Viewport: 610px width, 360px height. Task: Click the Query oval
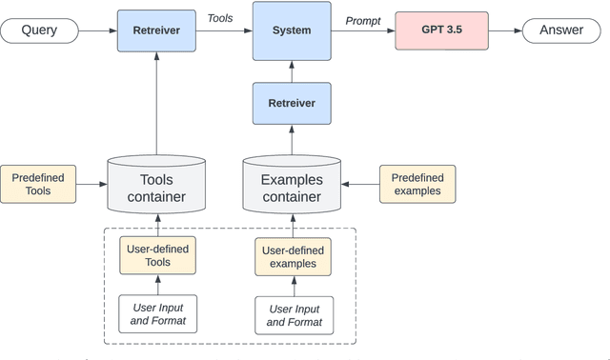point(39,30)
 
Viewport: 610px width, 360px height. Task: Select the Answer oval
point(561,30)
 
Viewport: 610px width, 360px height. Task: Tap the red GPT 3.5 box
point(441,30)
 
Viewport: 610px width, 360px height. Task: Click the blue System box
point(292,30)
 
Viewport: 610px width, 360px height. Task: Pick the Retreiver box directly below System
point(292,103)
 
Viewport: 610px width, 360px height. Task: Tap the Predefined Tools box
point(38,184)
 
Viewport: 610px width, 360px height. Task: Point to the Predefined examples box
point(417,184)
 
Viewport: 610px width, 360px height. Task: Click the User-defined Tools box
point(158,255)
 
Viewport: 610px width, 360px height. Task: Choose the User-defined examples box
point(293,256)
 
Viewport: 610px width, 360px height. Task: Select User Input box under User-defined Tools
point(158,314)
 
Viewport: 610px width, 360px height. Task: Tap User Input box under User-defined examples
point(294,315)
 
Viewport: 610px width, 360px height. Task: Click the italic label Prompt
point(362,21)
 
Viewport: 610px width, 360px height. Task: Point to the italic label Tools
point(220,18)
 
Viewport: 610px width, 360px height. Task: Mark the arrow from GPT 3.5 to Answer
point(505,30)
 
